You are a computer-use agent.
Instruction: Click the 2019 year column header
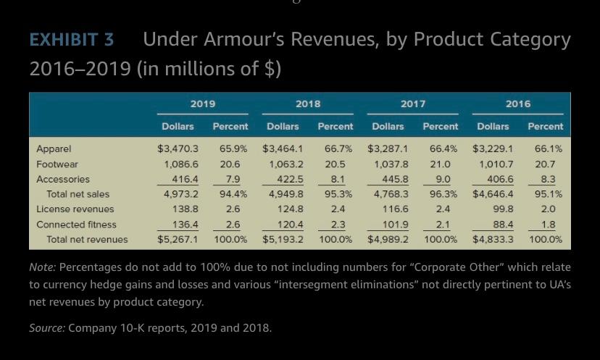click(x=203, y=104)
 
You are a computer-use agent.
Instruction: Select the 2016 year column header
click(x=518, y=104)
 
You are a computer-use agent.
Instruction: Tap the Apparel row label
click(x=54, y=148)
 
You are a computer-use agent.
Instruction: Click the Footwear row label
click(x=57, y=164)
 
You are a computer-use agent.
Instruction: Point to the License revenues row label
click(x=75, y=209)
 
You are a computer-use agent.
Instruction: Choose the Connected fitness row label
click(x=76, y=225)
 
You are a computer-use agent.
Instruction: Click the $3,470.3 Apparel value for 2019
click(x=178, y=148)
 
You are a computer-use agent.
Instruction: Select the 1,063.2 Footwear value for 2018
click(x=286, y=164)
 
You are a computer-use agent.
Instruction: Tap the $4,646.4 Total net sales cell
click(x=493, y=194)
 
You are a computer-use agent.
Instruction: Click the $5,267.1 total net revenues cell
click(x=178, y=239)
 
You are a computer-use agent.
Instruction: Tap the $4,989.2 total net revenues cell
click(x=388, y=239)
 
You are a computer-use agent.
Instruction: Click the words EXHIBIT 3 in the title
click(x=72, y=39)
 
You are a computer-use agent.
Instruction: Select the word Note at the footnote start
click(x=41, y=267)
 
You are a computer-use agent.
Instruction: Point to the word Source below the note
click(x=46, y=328)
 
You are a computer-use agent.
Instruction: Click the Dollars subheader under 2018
click(x=283, y=126)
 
